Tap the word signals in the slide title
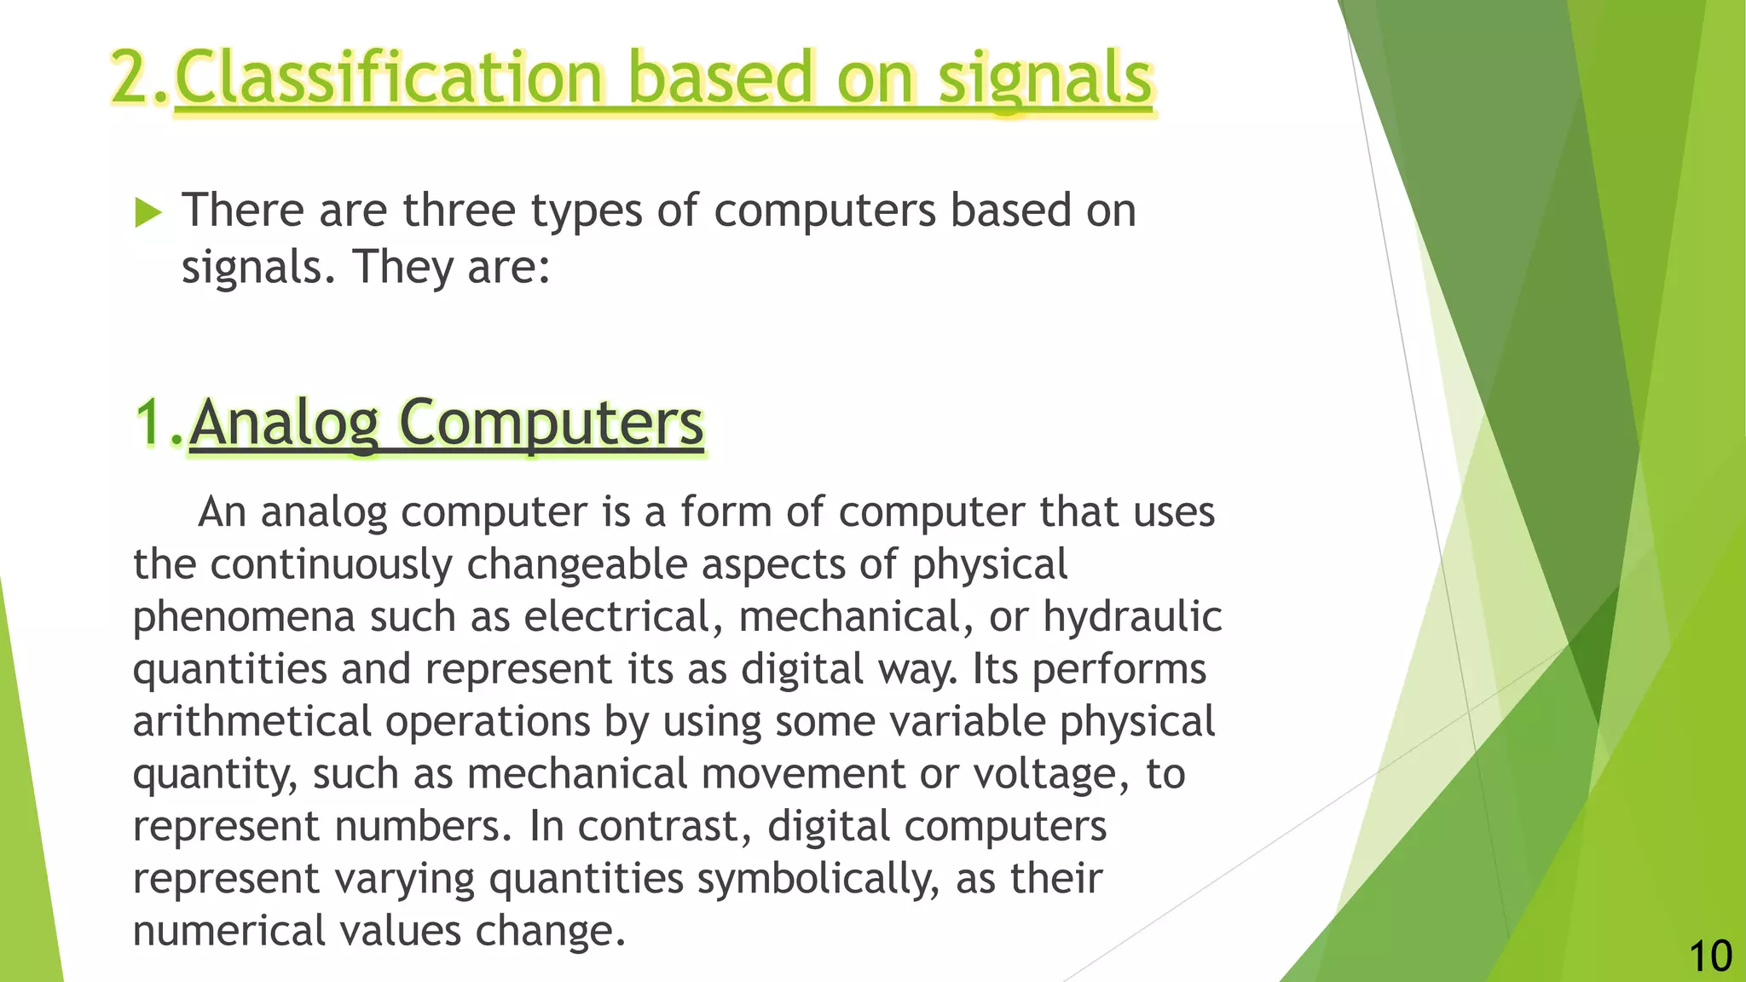(1045, 78)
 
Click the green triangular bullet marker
(148, 212)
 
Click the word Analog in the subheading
(284, 424)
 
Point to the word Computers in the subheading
(551, 424)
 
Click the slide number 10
(1709, 956)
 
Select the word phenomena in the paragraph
(244, 616)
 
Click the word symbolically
(818, 879)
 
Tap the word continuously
(331, 564)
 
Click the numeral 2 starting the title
(130, 78)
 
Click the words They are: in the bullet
(451, 267)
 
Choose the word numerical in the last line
(229, 931)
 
